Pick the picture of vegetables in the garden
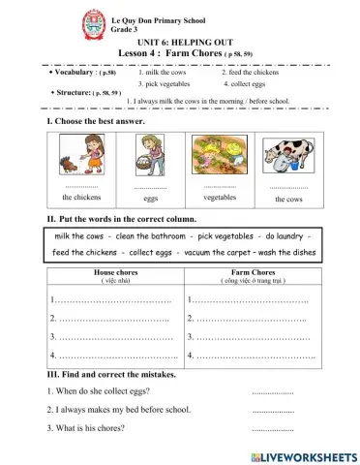point(220,158)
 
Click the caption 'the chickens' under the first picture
point(80,197)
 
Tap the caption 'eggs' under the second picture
point(150,198)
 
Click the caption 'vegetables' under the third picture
point(220,197)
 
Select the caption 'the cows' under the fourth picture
point(288,198)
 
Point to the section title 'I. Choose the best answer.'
point(95,123)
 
